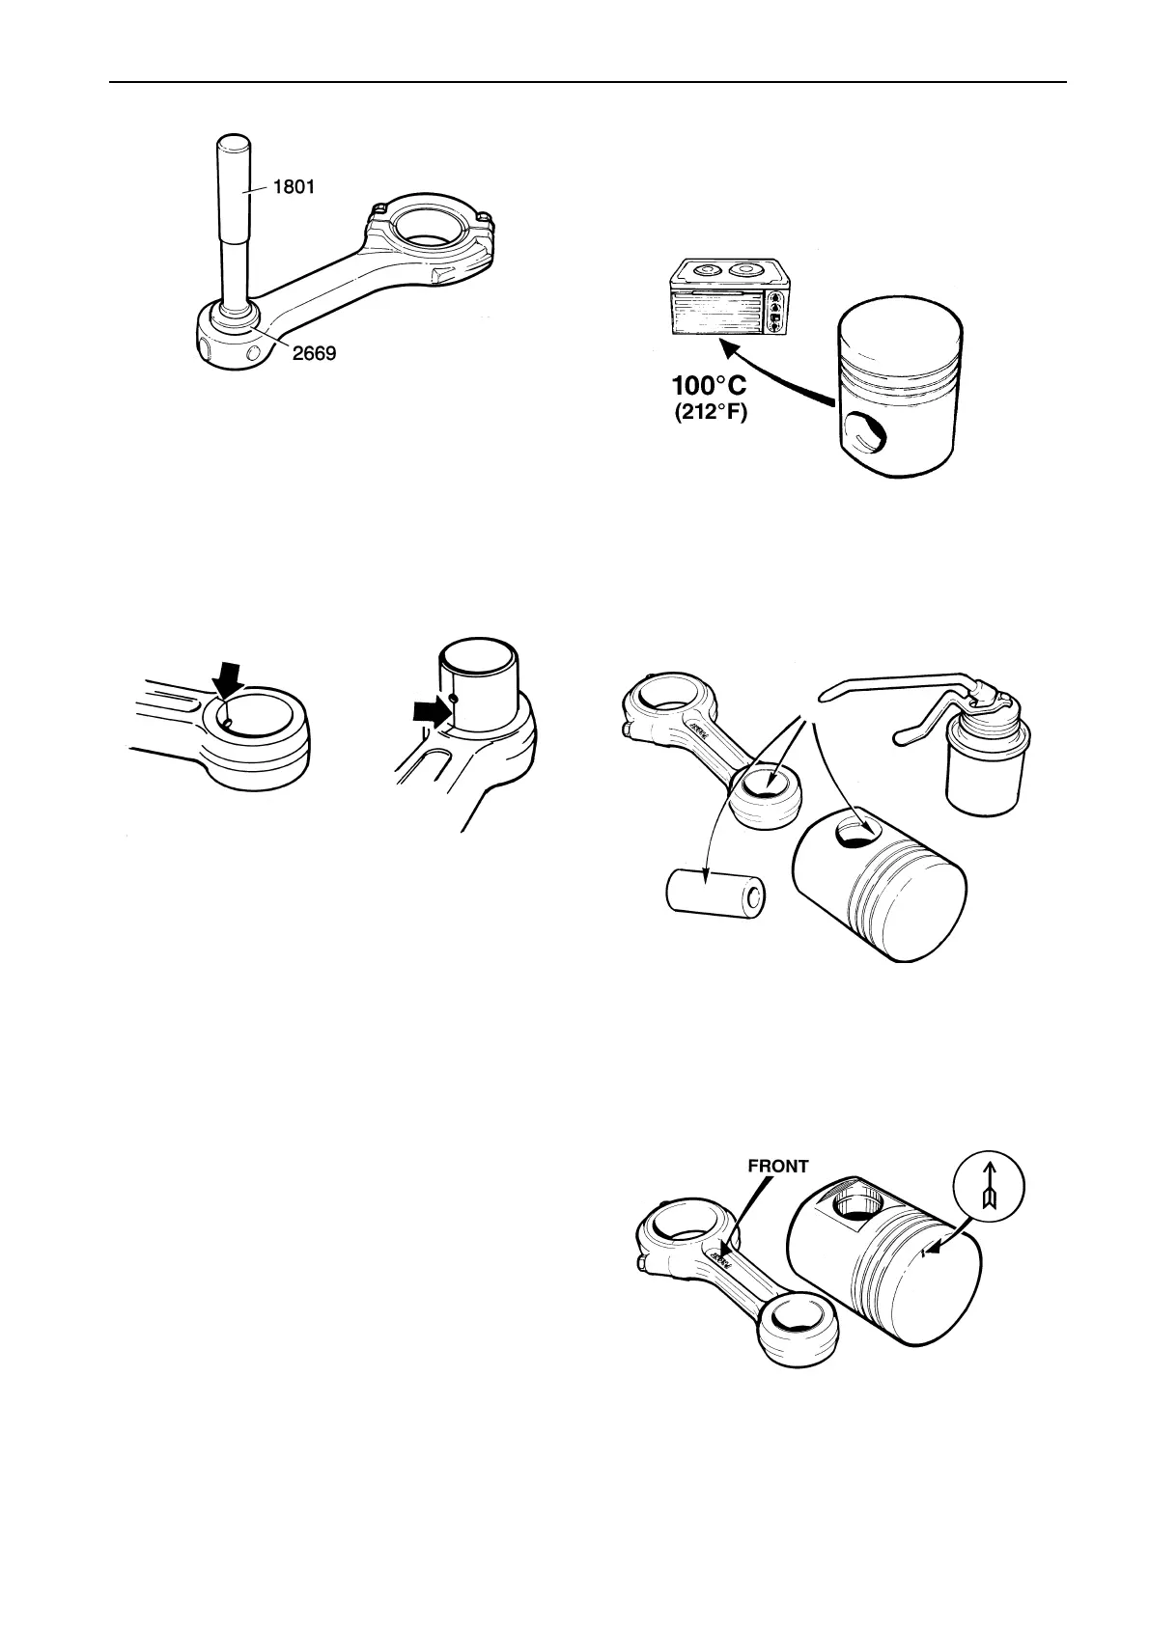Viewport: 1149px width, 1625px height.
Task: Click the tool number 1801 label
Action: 293,188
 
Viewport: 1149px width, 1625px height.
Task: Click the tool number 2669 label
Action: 314,353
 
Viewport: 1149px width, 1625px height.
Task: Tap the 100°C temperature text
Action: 709,387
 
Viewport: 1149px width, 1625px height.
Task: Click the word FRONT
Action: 778,1166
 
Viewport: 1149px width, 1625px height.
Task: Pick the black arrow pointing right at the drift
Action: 432,712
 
